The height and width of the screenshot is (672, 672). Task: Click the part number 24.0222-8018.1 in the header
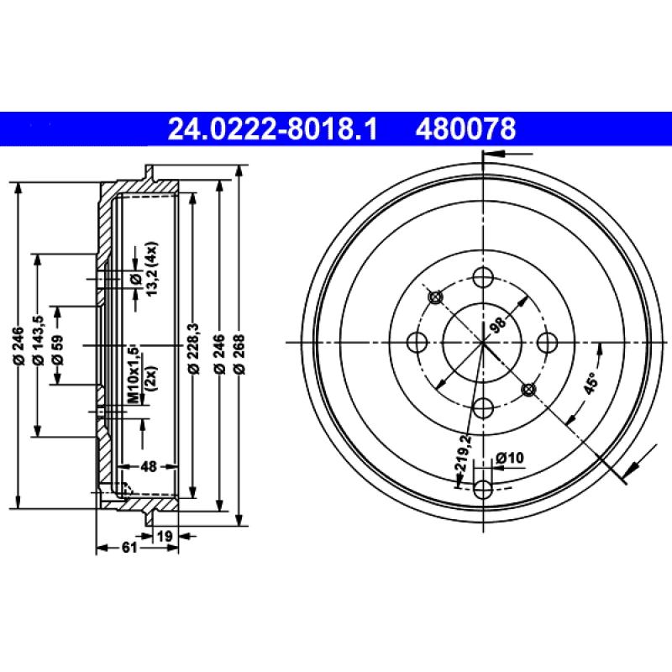273,129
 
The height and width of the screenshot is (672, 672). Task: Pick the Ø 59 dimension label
58,345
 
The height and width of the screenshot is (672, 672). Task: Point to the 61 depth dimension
129,548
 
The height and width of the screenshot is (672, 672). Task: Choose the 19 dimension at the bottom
165,534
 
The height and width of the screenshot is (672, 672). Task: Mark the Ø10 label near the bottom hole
510,457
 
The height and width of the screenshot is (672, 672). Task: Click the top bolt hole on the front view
483,277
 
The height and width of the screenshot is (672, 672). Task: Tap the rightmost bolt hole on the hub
549,343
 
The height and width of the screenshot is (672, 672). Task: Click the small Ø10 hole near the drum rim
483,489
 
